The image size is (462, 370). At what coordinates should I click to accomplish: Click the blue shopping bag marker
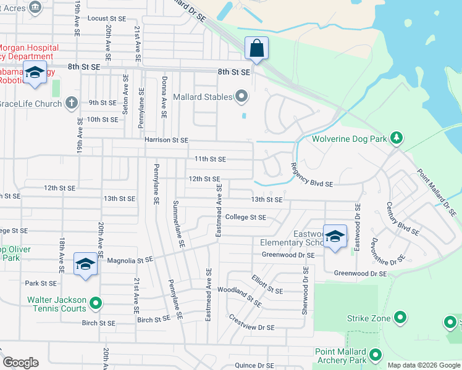[256, 48]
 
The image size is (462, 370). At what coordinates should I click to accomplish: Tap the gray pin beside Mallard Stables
[242, 97]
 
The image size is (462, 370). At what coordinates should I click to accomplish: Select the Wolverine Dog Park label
[348, 139]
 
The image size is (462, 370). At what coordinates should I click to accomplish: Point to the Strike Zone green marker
[400, 318]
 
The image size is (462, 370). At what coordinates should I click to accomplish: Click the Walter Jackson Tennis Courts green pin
[95, 303]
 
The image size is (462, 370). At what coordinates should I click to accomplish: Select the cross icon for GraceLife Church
[72, 103]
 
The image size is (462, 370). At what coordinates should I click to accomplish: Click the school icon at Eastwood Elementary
[335, 236]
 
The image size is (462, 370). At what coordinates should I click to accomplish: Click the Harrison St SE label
[166, 140]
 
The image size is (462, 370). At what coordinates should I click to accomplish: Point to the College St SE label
[245, 217]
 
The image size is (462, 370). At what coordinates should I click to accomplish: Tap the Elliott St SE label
[267, 284]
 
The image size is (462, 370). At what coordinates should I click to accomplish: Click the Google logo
[20, 363]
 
